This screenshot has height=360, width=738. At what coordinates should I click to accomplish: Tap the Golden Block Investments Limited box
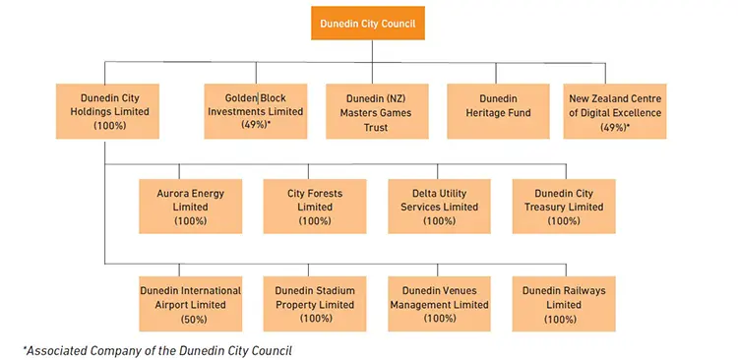click(255, 111)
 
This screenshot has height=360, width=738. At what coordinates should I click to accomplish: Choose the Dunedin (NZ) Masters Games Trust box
click(375, 111)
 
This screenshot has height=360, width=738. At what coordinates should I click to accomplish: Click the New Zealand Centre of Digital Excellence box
click(616, 111)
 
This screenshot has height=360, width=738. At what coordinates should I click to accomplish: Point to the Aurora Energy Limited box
click(190, 207)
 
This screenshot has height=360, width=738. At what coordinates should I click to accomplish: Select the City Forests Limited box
click(315, 207)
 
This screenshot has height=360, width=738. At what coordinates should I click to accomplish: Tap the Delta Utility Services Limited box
click(439, 207)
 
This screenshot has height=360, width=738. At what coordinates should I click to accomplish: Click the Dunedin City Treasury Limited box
click(564, 207)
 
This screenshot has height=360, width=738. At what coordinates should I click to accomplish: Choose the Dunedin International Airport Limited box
click(190, 304)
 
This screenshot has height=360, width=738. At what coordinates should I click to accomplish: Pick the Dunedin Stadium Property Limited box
click(315, 304)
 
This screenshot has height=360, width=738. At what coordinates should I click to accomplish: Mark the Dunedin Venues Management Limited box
click(439, 304)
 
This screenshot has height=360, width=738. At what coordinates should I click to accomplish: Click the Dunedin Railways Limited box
click(564, 304)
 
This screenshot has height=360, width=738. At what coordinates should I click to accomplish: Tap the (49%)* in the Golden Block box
click(256, 125)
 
